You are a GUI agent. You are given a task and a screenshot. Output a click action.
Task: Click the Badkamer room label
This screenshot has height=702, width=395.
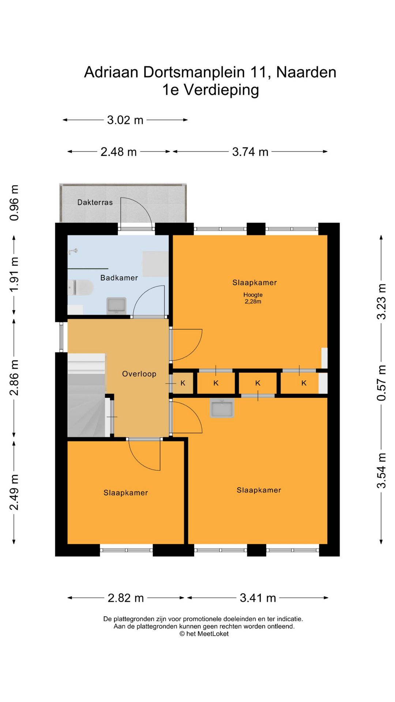click(119, 278)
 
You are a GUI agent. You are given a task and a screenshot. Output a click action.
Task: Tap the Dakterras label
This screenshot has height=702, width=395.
click(95, 202)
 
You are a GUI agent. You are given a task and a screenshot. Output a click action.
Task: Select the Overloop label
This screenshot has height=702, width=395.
click(139, 374)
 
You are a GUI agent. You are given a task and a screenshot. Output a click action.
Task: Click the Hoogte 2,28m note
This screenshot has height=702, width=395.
click(253, 298)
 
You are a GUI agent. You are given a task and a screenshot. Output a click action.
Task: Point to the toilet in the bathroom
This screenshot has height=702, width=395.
click(80, 288)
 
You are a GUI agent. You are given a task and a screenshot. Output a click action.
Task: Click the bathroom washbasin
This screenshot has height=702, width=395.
click(116, 306)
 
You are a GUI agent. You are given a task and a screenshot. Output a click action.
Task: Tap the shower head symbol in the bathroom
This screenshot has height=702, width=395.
click(73, 251)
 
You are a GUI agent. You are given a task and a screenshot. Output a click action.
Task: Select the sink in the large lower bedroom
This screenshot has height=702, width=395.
click(222, 408)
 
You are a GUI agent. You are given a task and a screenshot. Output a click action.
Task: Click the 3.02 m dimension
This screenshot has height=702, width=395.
click(125, 120)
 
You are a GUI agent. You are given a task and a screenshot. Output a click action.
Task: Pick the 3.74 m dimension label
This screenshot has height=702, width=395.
click(250, 152)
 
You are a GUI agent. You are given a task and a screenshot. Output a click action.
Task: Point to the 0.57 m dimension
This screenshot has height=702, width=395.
click(381, 383)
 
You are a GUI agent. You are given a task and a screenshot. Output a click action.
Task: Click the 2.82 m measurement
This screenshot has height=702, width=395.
click(126, 598)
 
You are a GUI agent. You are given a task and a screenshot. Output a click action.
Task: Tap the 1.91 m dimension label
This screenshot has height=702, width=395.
click(14, 274)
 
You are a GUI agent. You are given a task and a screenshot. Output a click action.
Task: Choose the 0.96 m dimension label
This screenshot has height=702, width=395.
click(14, 203)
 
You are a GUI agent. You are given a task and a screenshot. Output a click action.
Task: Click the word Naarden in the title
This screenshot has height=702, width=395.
click(306, 72)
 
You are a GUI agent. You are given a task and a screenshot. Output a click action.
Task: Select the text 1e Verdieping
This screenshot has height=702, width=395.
click(211, 90)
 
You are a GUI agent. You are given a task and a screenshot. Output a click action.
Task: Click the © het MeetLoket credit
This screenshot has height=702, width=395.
click(204, 634)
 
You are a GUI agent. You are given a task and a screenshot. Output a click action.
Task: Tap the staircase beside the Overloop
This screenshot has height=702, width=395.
click(87, 395)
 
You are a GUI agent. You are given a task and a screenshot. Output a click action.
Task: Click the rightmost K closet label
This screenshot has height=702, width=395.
click(304, 383)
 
